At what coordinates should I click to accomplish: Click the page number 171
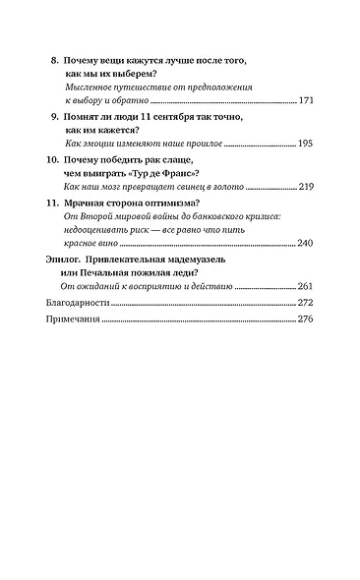[304, 100]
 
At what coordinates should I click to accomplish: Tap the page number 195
[304, 143]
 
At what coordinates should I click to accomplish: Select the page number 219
[304, 185]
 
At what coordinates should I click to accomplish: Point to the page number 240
[304, 243]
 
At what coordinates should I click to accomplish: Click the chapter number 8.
[54, 59]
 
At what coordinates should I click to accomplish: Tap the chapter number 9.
[54, 116]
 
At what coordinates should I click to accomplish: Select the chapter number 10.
[52, 158]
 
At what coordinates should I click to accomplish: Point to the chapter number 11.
[52, 201]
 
